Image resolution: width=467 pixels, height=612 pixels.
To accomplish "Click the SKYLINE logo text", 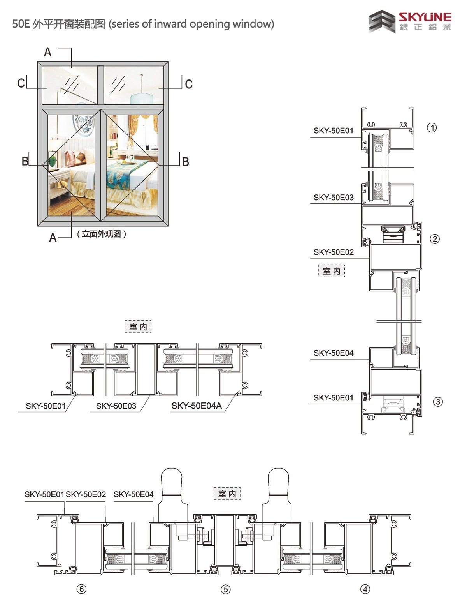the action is [x=425, y=17].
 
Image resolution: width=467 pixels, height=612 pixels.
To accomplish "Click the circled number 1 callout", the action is [x=432, y=128].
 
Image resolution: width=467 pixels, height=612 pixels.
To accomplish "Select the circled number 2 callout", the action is [x=435, y=239].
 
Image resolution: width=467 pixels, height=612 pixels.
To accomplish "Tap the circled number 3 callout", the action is [x=438, y=402].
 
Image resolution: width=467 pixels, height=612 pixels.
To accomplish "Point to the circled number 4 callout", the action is [x=365, y=589].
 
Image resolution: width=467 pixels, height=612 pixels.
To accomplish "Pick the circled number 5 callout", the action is [x=226, y=589].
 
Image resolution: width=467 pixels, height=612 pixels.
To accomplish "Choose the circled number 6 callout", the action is [x=81, y=589].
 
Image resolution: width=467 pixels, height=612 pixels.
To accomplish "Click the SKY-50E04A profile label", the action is [x=197, y=406].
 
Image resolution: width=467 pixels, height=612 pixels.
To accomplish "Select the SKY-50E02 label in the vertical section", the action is [x=334, y=252].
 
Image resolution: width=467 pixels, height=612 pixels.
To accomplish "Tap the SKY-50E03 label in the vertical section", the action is [x=334, y=198].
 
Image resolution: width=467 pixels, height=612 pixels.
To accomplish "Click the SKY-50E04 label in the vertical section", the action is [x=334, y=353].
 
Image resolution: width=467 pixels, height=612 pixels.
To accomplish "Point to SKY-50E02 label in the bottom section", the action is [x=86, y=494].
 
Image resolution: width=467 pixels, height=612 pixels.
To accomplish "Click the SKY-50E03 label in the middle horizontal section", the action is [x=116, y=406].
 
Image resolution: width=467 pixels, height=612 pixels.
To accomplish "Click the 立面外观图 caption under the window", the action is [x=101, y=234].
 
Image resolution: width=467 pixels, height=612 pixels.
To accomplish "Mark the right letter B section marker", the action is [x=186, y=162].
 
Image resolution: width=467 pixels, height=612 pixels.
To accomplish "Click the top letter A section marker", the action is [x=47, y=52].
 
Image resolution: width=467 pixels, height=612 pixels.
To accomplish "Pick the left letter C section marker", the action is [x=21, y=83].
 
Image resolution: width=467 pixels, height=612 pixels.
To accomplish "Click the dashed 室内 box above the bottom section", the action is [x=227, y=494].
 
